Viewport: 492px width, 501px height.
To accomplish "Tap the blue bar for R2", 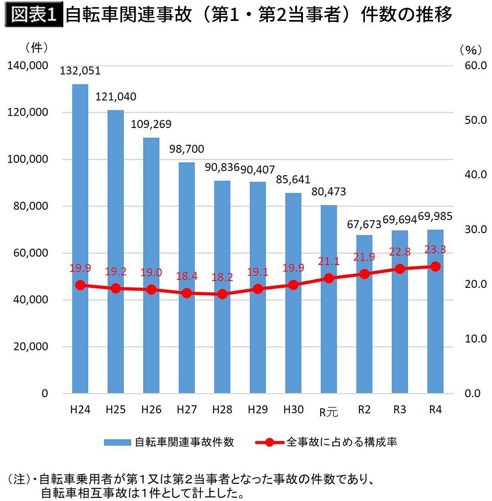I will point(364,314).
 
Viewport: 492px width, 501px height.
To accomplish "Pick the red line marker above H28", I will point(222,294).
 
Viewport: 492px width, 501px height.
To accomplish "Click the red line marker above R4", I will point(436,266).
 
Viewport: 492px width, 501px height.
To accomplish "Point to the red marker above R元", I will point(329,278).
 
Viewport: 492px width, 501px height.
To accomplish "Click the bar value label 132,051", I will point(81,71).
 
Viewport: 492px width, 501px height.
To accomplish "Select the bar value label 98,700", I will point(187,149).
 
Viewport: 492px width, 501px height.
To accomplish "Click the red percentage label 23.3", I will point(436,249).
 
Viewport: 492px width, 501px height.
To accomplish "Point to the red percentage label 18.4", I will point(187,276).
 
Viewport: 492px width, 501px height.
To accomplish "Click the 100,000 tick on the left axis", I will point(29,159).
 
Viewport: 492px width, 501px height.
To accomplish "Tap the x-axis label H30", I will point(293,409).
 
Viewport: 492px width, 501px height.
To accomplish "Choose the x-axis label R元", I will point(329,412).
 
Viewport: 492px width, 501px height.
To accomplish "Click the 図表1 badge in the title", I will point(33,15).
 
